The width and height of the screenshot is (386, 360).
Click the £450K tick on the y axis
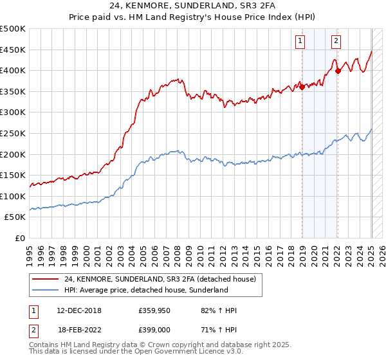[x=12, y=50]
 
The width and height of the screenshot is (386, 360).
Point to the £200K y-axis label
[x=12, y=154]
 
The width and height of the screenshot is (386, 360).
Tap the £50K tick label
[x=15, y=217]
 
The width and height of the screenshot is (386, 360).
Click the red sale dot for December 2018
[x=302, y=87]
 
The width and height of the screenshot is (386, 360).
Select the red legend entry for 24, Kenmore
[x=160, y=279]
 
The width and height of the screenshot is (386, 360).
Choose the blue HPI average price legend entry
[x=146, y=291]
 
